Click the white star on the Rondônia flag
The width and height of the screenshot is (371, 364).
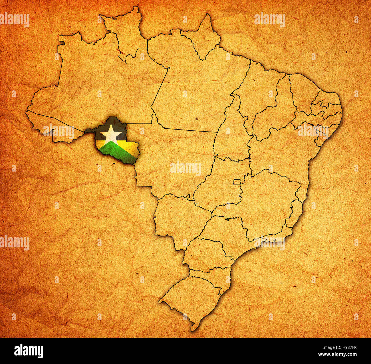(111, 133)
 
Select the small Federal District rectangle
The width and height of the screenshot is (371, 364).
(237, 182)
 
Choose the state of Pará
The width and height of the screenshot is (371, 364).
(194, 83)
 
